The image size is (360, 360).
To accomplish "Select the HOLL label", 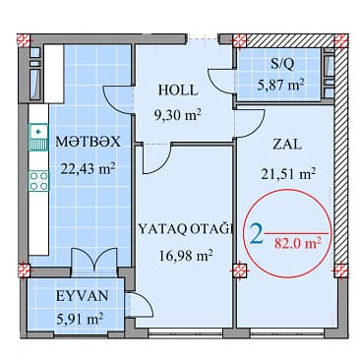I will (179, 90).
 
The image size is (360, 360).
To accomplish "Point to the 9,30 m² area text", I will (179, 113).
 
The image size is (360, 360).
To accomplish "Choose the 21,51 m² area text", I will (288, 173).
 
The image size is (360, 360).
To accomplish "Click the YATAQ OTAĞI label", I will (186, 232).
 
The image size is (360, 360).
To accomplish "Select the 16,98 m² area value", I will (186, 257).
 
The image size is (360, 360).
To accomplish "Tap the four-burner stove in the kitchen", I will (38, 180).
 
